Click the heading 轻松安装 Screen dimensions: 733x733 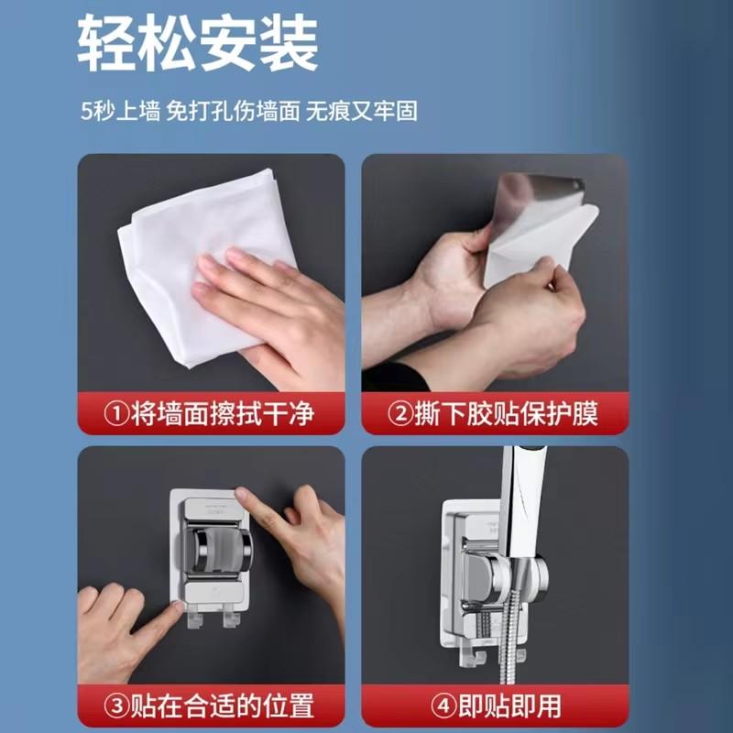[x=197, y=43]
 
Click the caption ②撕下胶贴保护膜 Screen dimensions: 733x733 [x=495, y=414]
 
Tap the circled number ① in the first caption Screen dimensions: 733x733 [x=117, y=414]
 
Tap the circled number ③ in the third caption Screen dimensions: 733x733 [x=117, y=706]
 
